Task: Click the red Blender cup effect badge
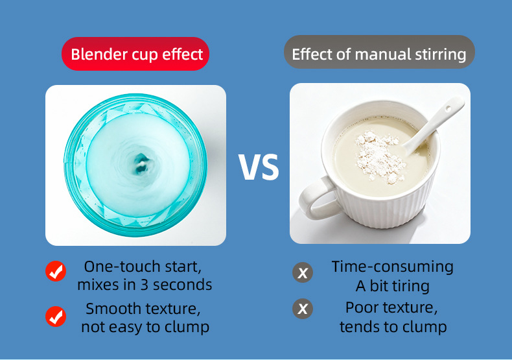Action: (135, 54)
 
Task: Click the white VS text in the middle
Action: (259, 167)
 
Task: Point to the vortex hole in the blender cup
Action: (141, 163)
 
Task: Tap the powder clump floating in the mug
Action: (378, 156)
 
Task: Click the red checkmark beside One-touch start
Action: (56, 271)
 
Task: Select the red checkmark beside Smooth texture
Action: (56, 316)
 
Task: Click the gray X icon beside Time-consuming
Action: (303, 272)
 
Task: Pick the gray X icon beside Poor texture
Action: (303, 308)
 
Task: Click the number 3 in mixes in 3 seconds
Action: (145, 285)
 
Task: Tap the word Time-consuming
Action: (393, 267)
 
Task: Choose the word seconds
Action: (183, 285)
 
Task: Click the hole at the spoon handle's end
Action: (449, 108)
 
